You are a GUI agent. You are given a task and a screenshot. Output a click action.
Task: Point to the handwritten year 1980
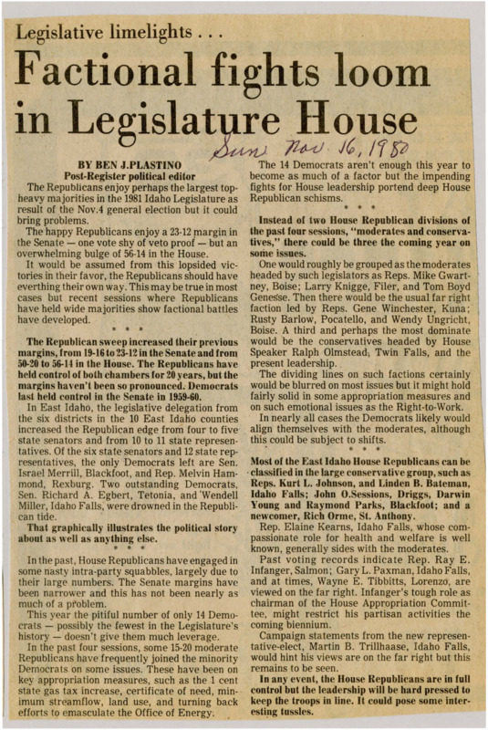(x=382, y=147)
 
